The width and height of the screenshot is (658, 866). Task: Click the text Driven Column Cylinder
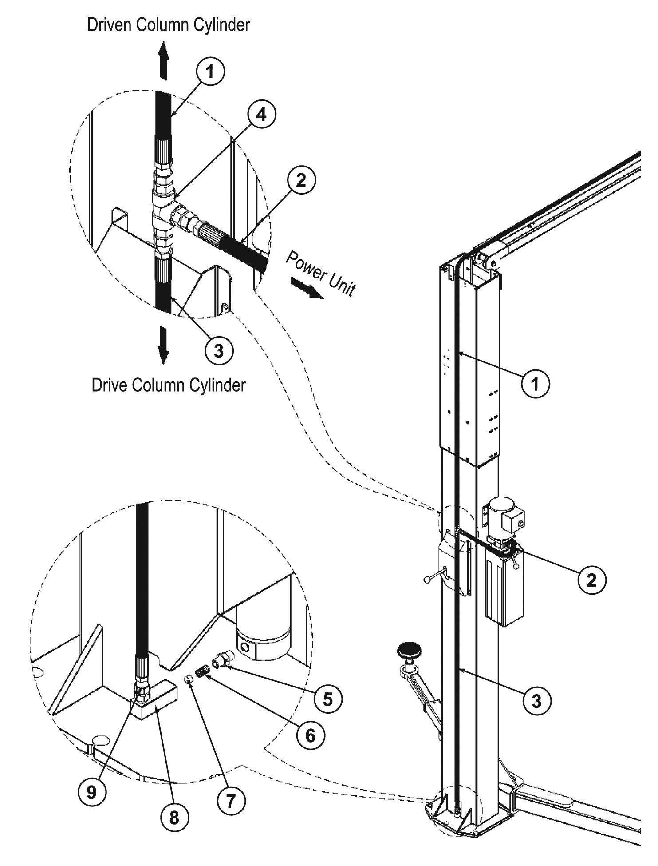click(168, 25)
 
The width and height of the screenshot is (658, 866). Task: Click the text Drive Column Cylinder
click(168, 385)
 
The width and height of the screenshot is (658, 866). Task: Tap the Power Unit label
click(320, 274)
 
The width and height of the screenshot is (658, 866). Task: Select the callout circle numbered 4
click(262, 114)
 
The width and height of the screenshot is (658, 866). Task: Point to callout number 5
click(328, 699)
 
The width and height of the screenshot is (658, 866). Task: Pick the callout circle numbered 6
click(310, 735)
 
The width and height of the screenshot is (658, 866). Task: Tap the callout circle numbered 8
click(174, 816)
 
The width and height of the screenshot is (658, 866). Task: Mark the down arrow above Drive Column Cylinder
click(164, 344)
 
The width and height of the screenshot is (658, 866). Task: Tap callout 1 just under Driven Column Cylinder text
click(210, 72)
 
